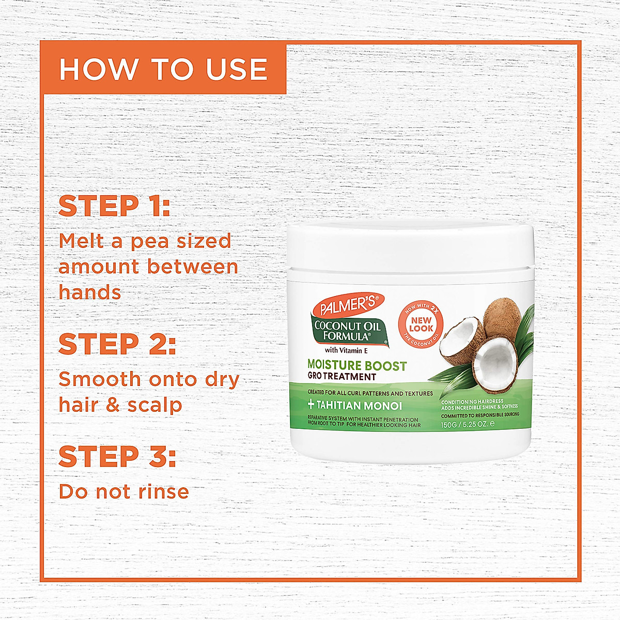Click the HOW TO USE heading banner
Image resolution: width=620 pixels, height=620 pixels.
coord(163,69)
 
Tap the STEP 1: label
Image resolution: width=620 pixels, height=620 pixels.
coord(114,206)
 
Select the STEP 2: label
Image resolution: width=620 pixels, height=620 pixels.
coord(117,344)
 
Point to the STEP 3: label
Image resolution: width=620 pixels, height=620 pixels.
coord(117,456)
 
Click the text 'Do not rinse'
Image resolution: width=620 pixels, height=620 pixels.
coord(124,491)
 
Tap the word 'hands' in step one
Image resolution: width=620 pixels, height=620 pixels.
coord(90,292)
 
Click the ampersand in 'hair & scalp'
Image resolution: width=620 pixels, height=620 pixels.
coord(113,405)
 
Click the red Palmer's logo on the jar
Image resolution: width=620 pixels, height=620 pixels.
coord(348,306)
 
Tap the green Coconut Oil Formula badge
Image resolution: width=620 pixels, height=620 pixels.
coord(347,331)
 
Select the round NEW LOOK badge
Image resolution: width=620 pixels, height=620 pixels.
coord(421,324)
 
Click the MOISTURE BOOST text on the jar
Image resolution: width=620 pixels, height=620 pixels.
coord(357,365)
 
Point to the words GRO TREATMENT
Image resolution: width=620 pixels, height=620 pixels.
coord(342,377)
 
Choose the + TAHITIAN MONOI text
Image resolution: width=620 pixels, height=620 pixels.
coord(355,406)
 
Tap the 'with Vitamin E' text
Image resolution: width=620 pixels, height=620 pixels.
coord(346,351)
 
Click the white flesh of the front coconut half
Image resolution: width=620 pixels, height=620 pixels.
coord(494,362)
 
